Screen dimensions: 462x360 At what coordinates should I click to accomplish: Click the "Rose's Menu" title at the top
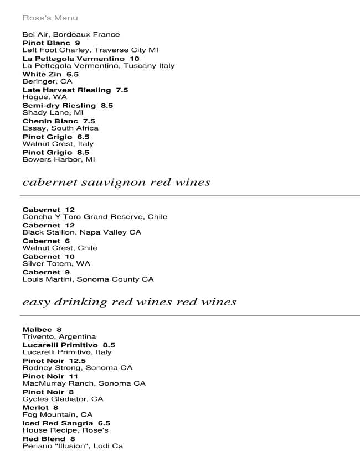coord(50,18)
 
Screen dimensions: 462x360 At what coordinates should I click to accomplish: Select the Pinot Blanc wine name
coord(46,43)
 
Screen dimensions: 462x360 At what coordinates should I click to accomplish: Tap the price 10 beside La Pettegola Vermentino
coord(135,59)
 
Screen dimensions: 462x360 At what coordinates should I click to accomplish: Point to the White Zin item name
coord(42,74)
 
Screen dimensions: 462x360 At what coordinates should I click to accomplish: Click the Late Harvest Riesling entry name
coord(66,90)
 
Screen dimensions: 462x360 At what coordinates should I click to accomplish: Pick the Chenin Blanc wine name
coord(50,121)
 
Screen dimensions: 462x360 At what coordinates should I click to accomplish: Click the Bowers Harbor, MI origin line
coord(58,160)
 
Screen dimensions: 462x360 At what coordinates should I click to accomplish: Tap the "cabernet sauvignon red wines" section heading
coord(116,183)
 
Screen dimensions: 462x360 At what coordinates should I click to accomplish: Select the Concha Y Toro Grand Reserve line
coord(94,217)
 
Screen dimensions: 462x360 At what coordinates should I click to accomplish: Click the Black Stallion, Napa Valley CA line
coord(81,232)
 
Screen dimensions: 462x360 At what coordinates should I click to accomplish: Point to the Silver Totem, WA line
coord(56,264)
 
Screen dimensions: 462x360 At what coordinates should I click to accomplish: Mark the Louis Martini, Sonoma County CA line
coord(88,279)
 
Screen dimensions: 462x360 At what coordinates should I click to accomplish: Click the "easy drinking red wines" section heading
coord(129,302)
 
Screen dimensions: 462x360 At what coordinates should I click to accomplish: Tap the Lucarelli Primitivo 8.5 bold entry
coord(68,345)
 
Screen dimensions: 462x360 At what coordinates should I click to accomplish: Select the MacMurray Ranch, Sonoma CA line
coord(84,383)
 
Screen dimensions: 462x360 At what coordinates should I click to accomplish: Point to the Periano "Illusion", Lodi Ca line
coord(73,446)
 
